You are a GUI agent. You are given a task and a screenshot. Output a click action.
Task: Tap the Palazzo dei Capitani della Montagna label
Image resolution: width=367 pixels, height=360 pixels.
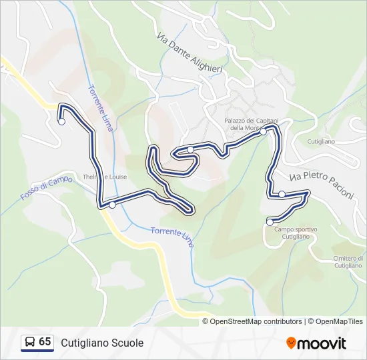click(x=246, y=124)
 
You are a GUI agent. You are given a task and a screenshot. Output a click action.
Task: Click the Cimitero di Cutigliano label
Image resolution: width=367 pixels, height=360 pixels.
click(x=347, y=261)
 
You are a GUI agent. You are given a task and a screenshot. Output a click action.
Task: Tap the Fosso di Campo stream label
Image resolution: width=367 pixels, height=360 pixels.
click(x=47, y=188)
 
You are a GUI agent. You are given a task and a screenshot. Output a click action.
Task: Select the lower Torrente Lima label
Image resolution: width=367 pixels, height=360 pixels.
click(x=172, y=235)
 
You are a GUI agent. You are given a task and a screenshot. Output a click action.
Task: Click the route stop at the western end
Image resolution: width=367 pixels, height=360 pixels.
click(x=61, y=121)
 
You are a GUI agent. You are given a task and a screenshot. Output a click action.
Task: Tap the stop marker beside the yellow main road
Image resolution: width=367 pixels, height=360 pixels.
click(x=112, y=205)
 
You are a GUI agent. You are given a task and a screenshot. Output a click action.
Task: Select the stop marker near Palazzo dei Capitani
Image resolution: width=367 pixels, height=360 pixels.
click(x=263, y=132)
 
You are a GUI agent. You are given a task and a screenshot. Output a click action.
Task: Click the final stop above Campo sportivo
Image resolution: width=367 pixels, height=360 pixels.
click(x=270, y=221)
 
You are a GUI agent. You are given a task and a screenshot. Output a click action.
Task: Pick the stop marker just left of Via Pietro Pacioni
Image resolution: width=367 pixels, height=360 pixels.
click(x=282, y=194)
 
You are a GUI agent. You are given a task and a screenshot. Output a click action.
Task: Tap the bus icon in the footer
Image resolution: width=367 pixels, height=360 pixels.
click(x=29, y=343)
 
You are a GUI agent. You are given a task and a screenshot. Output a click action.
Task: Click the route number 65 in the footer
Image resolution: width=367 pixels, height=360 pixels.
click(x=45, y=342)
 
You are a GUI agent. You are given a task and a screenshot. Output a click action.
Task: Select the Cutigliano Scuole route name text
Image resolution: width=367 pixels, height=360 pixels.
click(x=102, y=343)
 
